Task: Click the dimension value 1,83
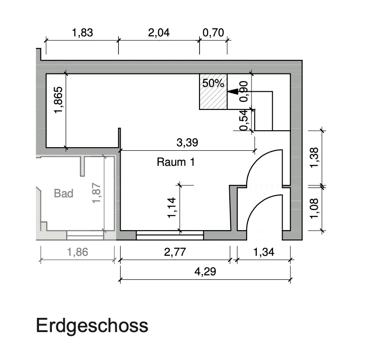[x=82, y=33]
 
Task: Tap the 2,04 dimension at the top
[x=159, y=33]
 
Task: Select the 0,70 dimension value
[x=213, y=33]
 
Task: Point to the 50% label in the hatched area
[x=213, y=83]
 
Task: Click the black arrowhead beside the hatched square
[x=232, y=91]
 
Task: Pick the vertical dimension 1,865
[x=59, y=100]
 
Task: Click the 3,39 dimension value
[x=187, y=143]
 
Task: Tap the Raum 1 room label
[x=176, y=162]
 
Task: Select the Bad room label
[x=63, y=193]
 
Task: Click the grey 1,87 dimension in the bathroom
[x=97, y=193]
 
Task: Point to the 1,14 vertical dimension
[x=172, y=207]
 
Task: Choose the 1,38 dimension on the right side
[x=314, y=158]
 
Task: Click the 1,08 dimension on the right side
[x=314, y=208]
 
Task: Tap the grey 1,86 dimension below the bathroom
[x=78, y=252]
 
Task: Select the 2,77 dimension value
[x=175, y=252]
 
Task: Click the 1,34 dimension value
[x=263, y=252]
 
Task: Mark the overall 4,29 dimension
[x=205, y=272]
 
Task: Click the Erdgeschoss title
[x=92, y=326]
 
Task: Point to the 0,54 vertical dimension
[x=244, y=120]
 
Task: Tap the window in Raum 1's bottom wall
[x=170, y=235]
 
